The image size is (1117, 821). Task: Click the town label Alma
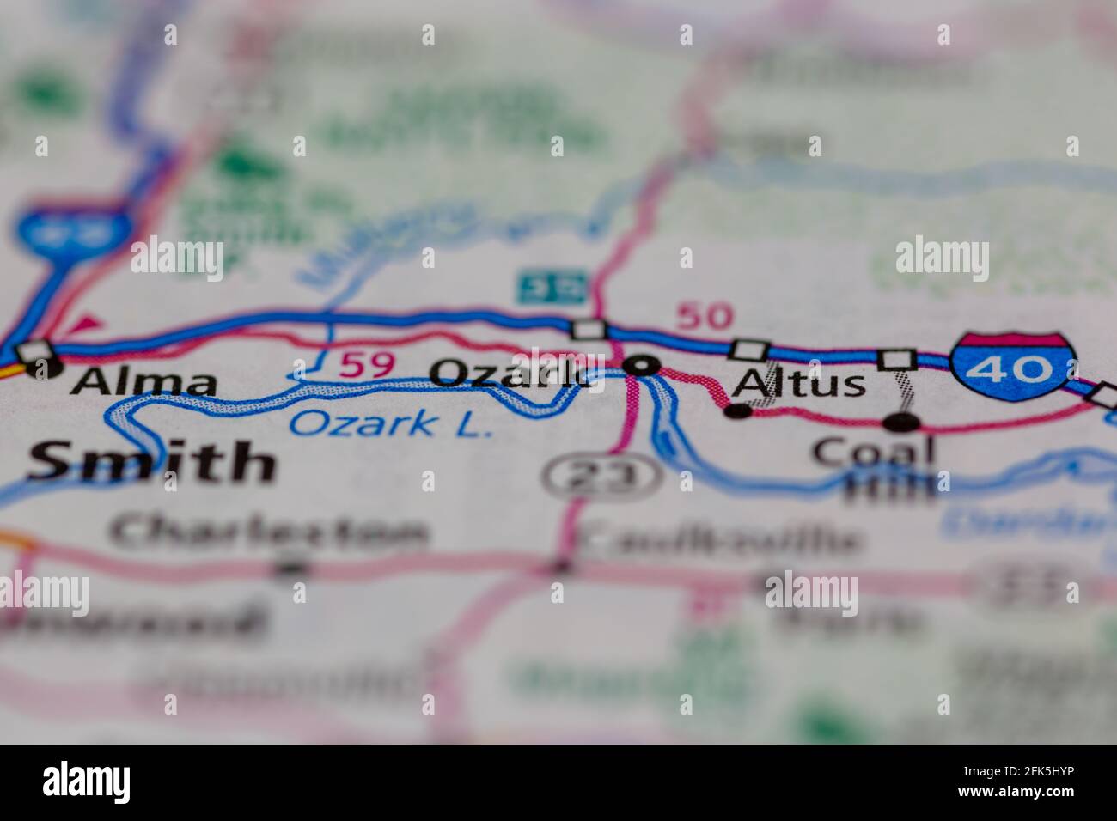[x=143, y=382]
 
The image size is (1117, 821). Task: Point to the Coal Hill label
[x=874, y=469]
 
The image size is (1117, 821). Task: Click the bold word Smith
[x=151, y=462]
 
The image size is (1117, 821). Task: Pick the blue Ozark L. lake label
[x=391, y=423]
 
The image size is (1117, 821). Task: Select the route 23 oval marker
[x=601, y=474]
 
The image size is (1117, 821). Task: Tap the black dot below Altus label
[x=737, y=411]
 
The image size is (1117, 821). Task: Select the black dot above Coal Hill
[x=900, y=422]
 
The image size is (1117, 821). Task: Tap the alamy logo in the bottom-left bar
[x=87, y=781]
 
